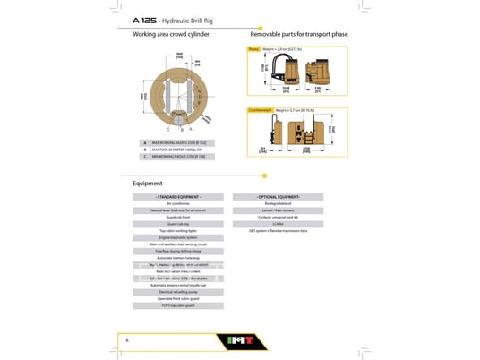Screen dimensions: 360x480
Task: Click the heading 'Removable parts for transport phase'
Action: tap(298, 34)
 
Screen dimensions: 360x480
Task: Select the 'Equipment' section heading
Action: tap(148, 183)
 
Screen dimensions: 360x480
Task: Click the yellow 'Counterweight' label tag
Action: tap(261, 110)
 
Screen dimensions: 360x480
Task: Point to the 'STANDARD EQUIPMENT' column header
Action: tap(179, 196)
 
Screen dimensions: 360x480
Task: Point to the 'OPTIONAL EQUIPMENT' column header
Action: tap(278, 196)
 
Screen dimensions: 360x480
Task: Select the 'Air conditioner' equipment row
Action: tap(179, 203)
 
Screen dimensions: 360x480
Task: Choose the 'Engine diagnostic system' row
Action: tap(179, 236)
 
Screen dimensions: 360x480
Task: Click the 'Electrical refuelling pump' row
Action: tap(179, 292)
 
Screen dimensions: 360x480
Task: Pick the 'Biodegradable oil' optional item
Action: tap(278, 203)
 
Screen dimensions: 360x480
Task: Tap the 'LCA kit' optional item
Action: tap(278, 224)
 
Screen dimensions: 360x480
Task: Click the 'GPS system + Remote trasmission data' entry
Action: tap(278, 230)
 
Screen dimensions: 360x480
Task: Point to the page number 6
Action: tap(127, 340)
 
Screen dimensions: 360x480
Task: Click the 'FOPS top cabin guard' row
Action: tap(179, 305)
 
